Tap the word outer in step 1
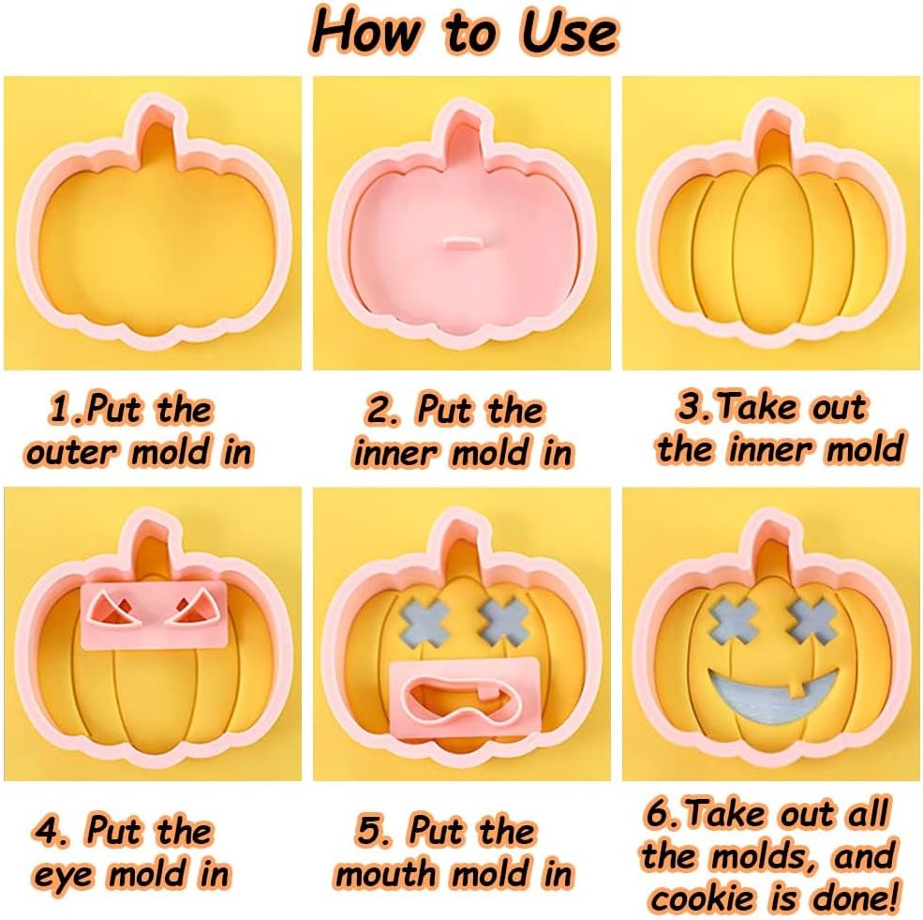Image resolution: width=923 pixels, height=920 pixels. tap(72, 452)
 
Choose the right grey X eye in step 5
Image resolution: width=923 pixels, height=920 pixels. tap(501, 619)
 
